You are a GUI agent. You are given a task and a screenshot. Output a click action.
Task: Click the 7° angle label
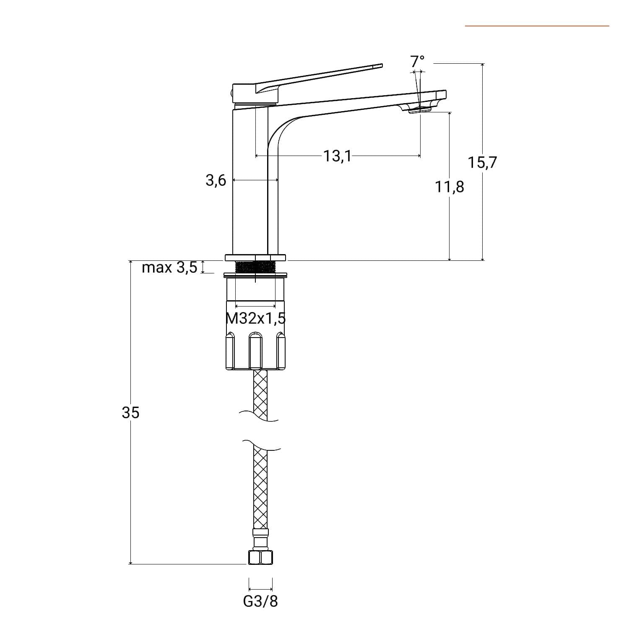pos(417,61)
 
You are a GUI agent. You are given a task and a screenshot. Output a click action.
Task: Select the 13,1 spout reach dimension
pos(337,156)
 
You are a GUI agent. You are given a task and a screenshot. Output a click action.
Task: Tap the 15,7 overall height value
pos(482,162)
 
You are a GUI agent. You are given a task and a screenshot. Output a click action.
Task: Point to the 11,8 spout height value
pos(450,186)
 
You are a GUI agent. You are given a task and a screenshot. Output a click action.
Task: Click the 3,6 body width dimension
pos(216,180)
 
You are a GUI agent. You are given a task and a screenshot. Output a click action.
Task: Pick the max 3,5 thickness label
pos(169,267)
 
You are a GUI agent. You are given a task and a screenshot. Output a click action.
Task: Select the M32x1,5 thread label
pos(256,319)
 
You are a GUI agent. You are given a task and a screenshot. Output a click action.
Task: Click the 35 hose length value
pos(130,413)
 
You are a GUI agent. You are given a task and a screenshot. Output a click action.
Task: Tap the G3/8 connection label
pos(260,601)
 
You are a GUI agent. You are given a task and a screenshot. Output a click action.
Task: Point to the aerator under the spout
pos(420,109)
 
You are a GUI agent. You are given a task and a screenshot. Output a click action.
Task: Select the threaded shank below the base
pos(255,267)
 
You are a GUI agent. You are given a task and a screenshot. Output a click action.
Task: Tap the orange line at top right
pos(537,26)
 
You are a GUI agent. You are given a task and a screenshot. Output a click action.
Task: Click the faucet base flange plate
pos(255,257)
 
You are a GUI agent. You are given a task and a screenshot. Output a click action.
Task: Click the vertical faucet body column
pos(255,180)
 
